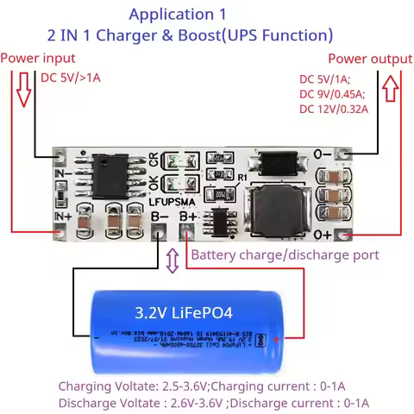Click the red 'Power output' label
click(x=370, y=59)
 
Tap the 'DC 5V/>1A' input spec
click(x=71, y=78)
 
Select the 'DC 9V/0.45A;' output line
click(x=332, y=93)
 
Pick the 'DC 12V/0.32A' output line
click(x=333, y=109)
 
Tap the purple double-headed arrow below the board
click(x=172, y=259)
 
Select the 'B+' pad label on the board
click(x=188, y=217)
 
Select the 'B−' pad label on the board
click(x=160, y=217)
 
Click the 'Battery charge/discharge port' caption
click(x=284, y=255)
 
